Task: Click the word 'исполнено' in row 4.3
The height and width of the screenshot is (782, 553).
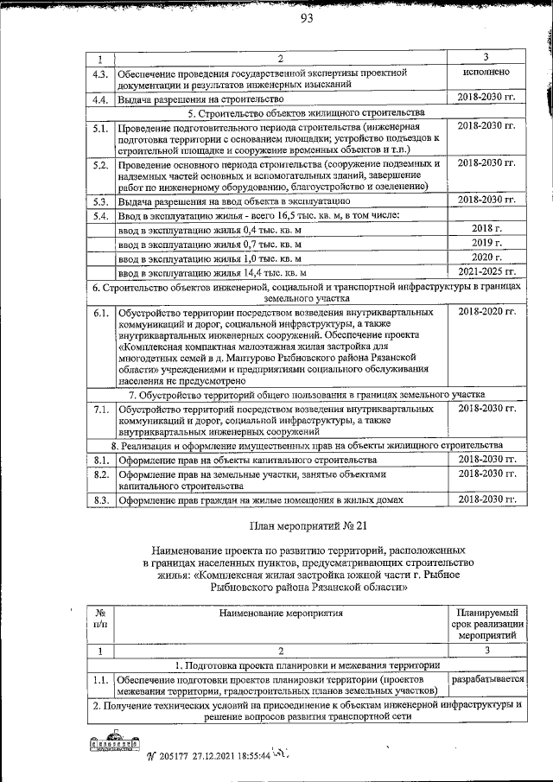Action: [x=486, y=73]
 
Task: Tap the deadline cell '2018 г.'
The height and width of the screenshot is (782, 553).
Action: [x=487, y=229]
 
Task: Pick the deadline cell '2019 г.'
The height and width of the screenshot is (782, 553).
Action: [x=487, y=243]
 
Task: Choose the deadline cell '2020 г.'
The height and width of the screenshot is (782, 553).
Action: [x=487, y=257]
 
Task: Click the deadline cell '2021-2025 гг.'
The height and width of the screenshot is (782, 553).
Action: [x=487, y=270]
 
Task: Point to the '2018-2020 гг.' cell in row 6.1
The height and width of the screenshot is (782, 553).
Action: [x=487, y=310]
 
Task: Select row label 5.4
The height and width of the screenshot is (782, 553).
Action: [x=100, y=215]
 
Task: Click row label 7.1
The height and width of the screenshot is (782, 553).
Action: [x=100, y=408]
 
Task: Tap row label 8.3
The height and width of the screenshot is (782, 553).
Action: [x=100, y=499]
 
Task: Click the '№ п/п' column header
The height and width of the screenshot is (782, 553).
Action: [x=100, y=618]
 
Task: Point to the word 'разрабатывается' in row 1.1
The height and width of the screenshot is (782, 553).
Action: [x=488, y=680]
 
